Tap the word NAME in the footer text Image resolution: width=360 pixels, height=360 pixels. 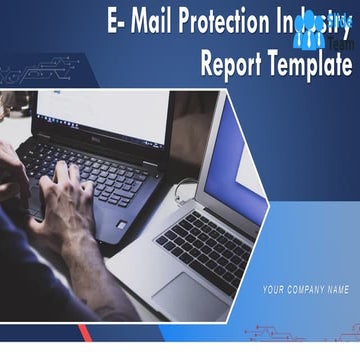338,290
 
